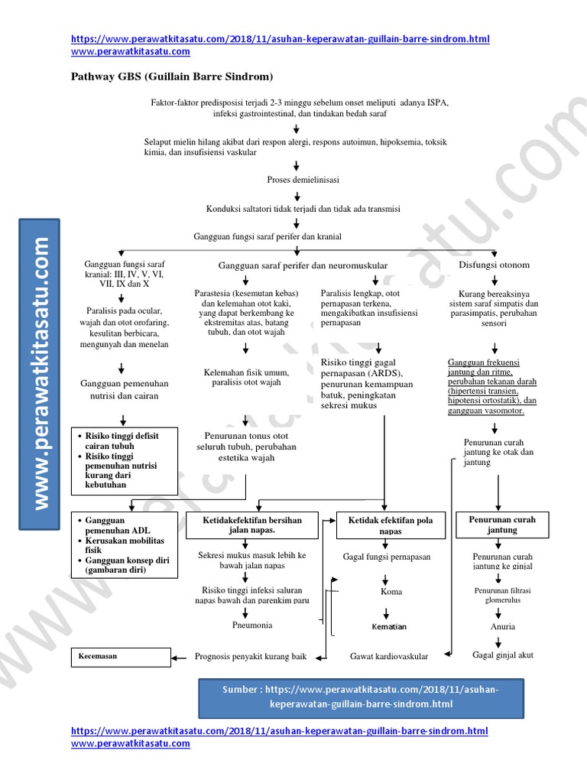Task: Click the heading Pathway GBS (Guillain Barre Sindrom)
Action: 172,76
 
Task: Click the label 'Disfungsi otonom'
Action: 494,265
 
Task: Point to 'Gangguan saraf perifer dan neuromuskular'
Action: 303,265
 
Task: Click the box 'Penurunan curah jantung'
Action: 501,525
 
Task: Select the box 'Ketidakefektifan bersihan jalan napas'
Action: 251,525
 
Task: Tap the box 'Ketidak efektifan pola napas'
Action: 390,525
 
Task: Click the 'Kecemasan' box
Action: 122,656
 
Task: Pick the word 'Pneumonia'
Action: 251,625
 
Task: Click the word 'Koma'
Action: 391,592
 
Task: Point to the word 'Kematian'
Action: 389,626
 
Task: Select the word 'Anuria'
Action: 502,626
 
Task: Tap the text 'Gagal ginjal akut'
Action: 503,655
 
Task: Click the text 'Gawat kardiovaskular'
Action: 389,656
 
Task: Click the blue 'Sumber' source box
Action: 361,697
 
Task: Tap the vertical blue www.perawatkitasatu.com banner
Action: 40,372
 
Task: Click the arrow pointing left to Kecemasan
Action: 180,656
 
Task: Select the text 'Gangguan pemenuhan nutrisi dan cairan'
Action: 125,389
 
